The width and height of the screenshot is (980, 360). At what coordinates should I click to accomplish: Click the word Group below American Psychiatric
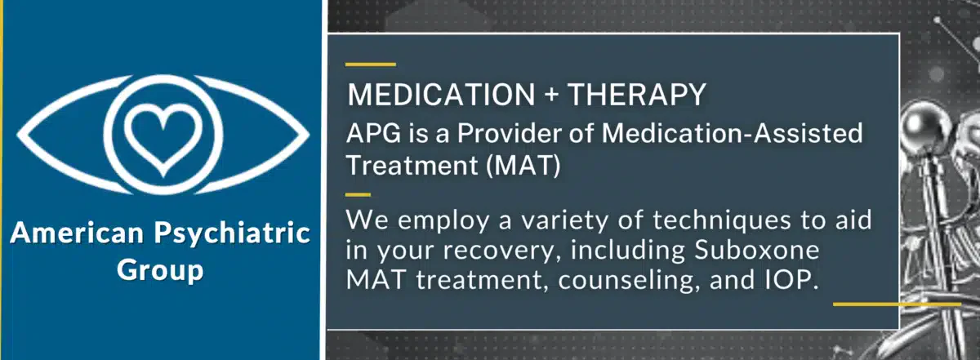tap(160, 269)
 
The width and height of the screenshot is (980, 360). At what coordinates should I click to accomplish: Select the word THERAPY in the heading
tap(636, 96)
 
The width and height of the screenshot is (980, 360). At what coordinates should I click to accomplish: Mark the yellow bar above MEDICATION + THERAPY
tap(371, 64)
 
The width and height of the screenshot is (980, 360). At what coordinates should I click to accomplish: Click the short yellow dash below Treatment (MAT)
tap(359, 194)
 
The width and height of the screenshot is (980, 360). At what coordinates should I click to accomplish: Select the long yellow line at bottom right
tap(896, 304)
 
